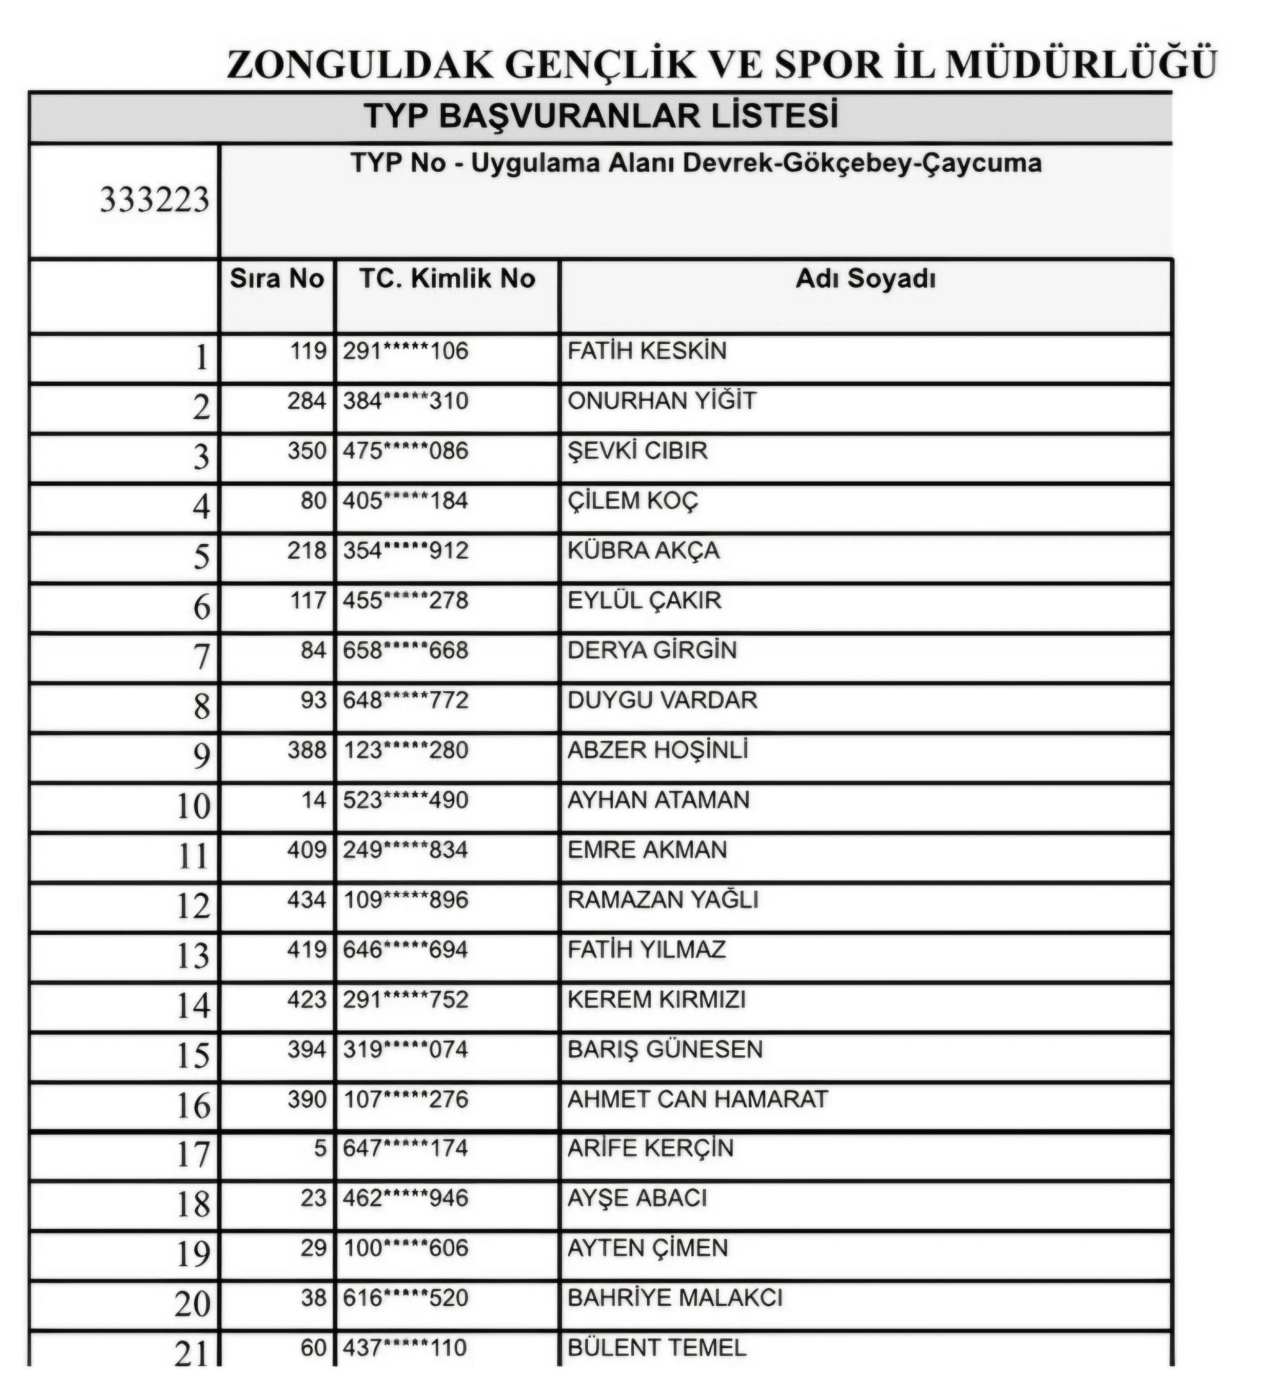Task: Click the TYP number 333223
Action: point(154,200)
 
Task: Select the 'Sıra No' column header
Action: point(276,278)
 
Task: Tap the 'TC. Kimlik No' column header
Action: point(447,278)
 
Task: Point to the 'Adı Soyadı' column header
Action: point(865,278)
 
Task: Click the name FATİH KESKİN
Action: point(646,351)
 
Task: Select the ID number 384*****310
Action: point(405,401)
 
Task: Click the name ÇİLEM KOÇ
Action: point(632,501)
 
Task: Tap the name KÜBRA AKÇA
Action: point(643,551)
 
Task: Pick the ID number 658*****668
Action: point(405,650)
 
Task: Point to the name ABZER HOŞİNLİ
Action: point(657,750)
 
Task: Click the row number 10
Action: point(193,806)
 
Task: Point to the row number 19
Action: point(193,1254)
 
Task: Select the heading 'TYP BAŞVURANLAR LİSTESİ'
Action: point(601,116)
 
